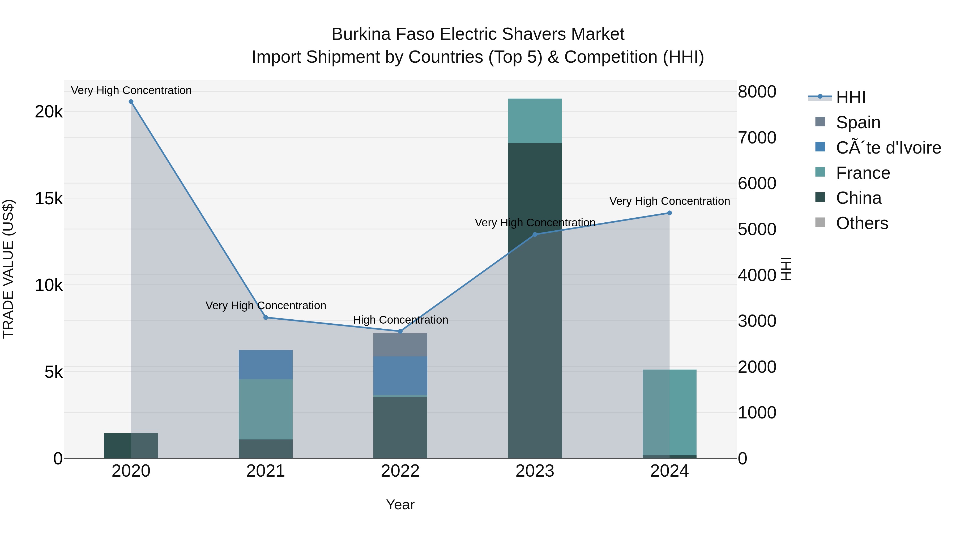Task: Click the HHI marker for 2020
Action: pyautogui.click(x=131, y=102)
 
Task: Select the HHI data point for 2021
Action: pyautogui.click(x=266, y=317)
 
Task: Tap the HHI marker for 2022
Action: pyautogui.click(x=400, y=331)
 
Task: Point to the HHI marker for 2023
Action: pyautogui.click(x=535, y=235)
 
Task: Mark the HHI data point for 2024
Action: pyautogui.click(x=669, y=213)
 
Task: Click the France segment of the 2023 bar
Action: pyautogui.click(x=535, y=121)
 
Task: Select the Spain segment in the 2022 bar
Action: pyautogui.click(x=400, y=345)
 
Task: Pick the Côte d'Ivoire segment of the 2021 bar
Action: pyautogui.click(x=266, y=365)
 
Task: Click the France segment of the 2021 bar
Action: pyautogui.click(x=266, y=409)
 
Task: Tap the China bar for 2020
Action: pyautogui.click(x=131, y=445)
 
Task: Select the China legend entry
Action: pyautogui.click(x=858, y=198)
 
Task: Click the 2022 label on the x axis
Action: pyautogui.click(x=400, y=471)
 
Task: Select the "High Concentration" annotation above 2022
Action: pyautogui.click(x=400, y=320)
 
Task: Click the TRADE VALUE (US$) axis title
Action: pyautogui.click(x=8, y=269)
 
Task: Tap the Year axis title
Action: pyautogui.click(x=400, y=505)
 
